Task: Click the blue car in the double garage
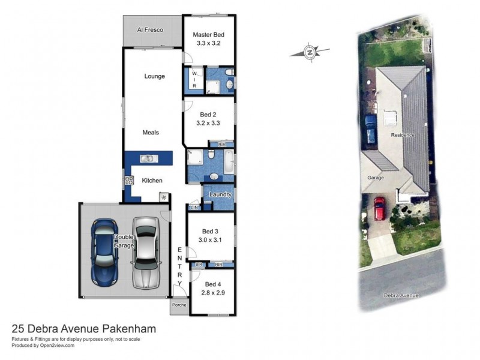105,252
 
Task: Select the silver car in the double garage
145,252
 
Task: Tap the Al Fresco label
150,29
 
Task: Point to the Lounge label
154,76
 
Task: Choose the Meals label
151,133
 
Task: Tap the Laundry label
220,194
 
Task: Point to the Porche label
179,305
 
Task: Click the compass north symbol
310,52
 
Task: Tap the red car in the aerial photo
379,208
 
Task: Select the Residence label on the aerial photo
402,135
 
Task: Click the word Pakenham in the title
128,329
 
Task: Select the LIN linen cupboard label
194,207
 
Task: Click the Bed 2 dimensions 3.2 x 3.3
209,122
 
